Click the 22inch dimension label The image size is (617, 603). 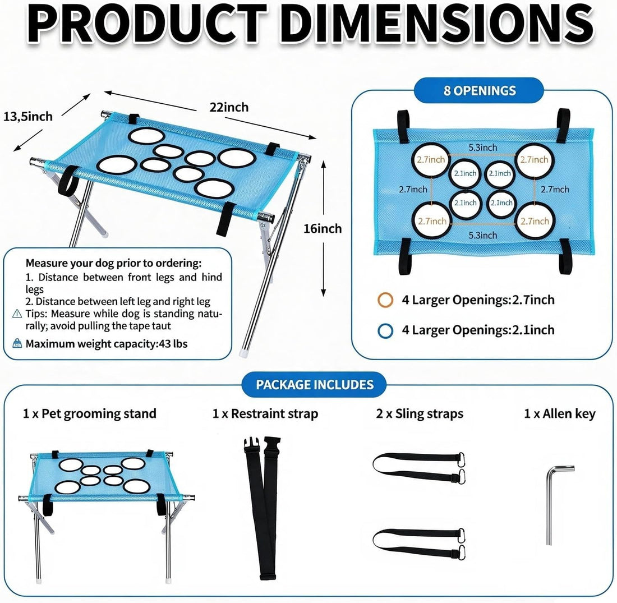[229, 107]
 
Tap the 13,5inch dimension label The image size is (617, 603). [28, 117]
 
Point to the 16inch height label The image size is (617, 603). [323, 228]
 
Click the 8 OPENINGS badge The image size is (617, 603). [479, 90]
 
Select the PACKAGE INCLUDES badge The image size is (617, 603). [315, 384]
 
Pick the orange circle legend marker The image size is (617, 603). [385, 300]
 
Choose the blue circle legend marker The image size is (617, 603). [385, 330]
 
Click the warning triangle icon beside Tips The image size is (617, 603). [17, 314]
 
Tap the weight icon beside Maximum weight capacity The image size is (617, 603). [17, 343]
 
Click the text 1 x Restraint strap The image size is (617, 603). [265, 413]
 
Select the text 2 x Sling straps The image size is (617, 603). [420, 413]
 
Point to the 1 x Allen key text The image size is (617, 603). [560, 413]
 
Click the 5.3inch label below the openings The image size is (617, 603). [482, 236]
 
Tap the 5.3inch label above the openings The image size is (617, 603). [482, 148]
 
